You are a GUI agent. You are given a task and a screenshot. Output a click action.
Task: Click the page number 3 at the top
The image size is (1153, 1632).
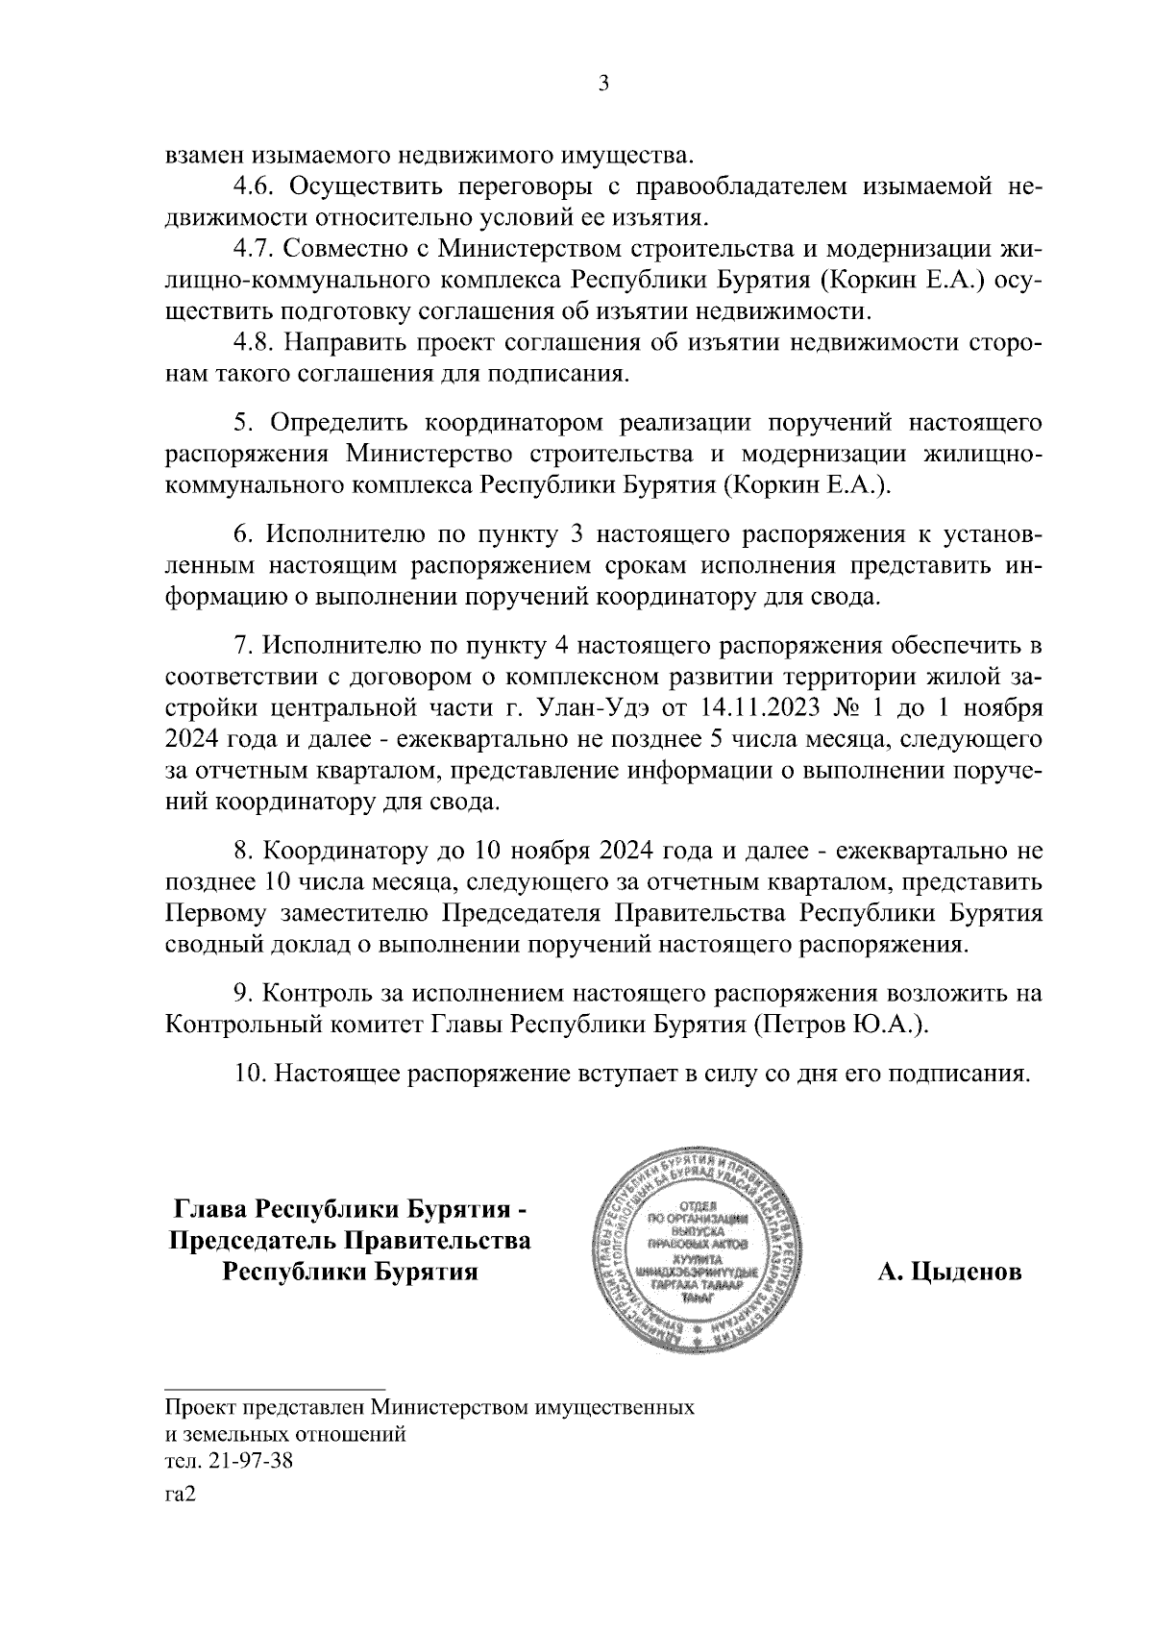pyautogui.click(x=602, y=84)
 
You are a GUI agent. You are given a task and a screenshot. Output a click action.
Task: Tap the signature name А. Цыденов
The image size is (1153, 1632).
pyautogui.click(x=948, y=1273)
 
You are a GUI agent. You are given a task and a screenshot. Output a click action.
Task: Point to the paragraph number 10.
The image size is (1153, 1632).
pyautogui.click(x=251, y=1072)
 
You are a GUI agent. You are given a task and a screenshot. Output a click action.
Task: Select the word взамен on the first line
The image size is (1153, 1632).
pyautogui.click(x=205, y=155)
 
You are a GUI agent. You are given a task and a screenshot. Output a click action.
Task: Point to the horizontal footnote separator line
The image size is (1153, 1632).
pyautogui.click(x=276, y=1388)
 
